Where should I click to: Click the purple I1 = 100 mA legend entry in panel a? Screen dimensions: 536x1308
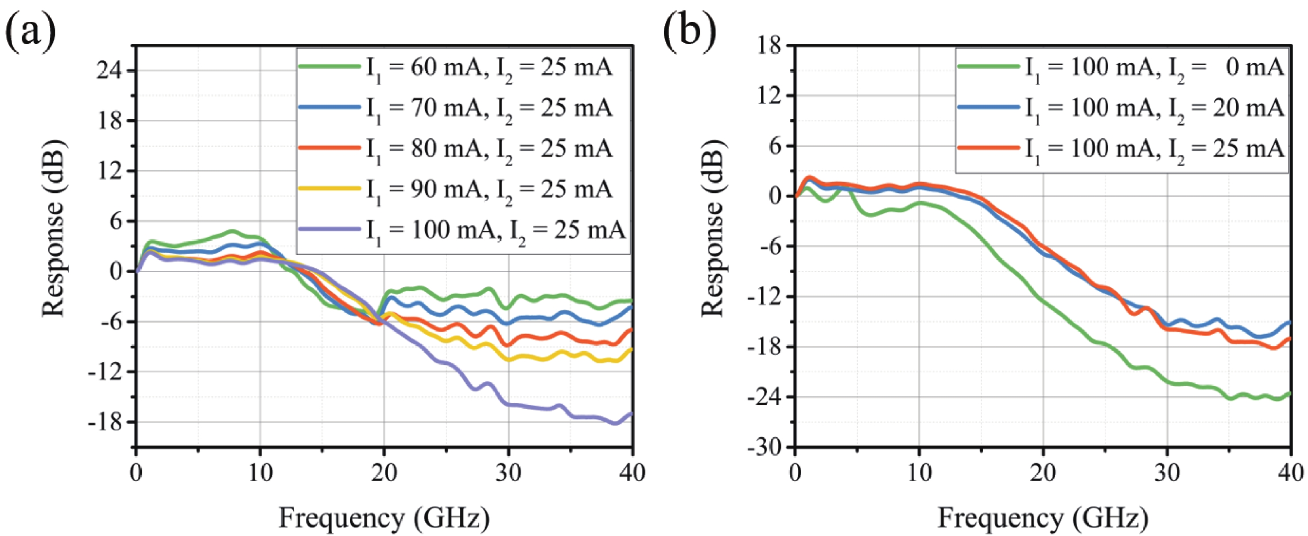coord(462,230)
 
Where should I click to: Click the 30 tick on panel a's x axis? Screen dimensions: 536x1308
coord(508,473)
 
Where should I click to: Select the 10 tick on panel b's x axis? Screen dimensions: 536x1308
coord(920,473)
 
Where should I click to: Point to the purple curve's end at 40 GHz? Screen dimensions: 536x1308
coord(631,414)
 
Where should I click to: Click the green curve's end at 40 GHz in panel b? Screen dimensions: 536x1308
coord(1289,394)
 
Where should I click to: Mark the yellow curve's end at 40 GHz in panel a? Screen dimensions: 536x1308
coord(631,349)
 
